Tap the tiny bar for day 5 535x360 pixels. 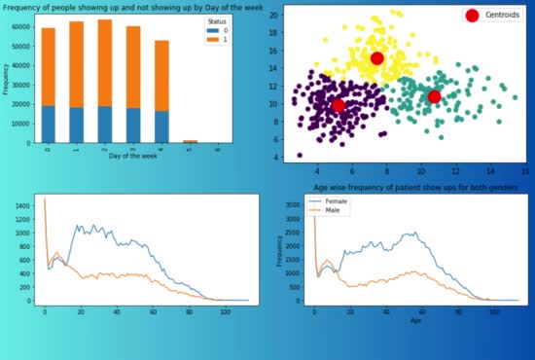190,140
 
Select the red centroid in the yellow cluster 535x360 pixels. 377,58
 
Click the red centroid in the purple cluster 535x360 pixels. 339,105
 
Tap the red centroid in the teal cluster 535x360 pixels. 434,96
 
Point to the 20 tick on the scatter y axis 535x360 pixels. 274,17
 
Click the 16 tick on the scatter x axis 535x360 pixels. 525,169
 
